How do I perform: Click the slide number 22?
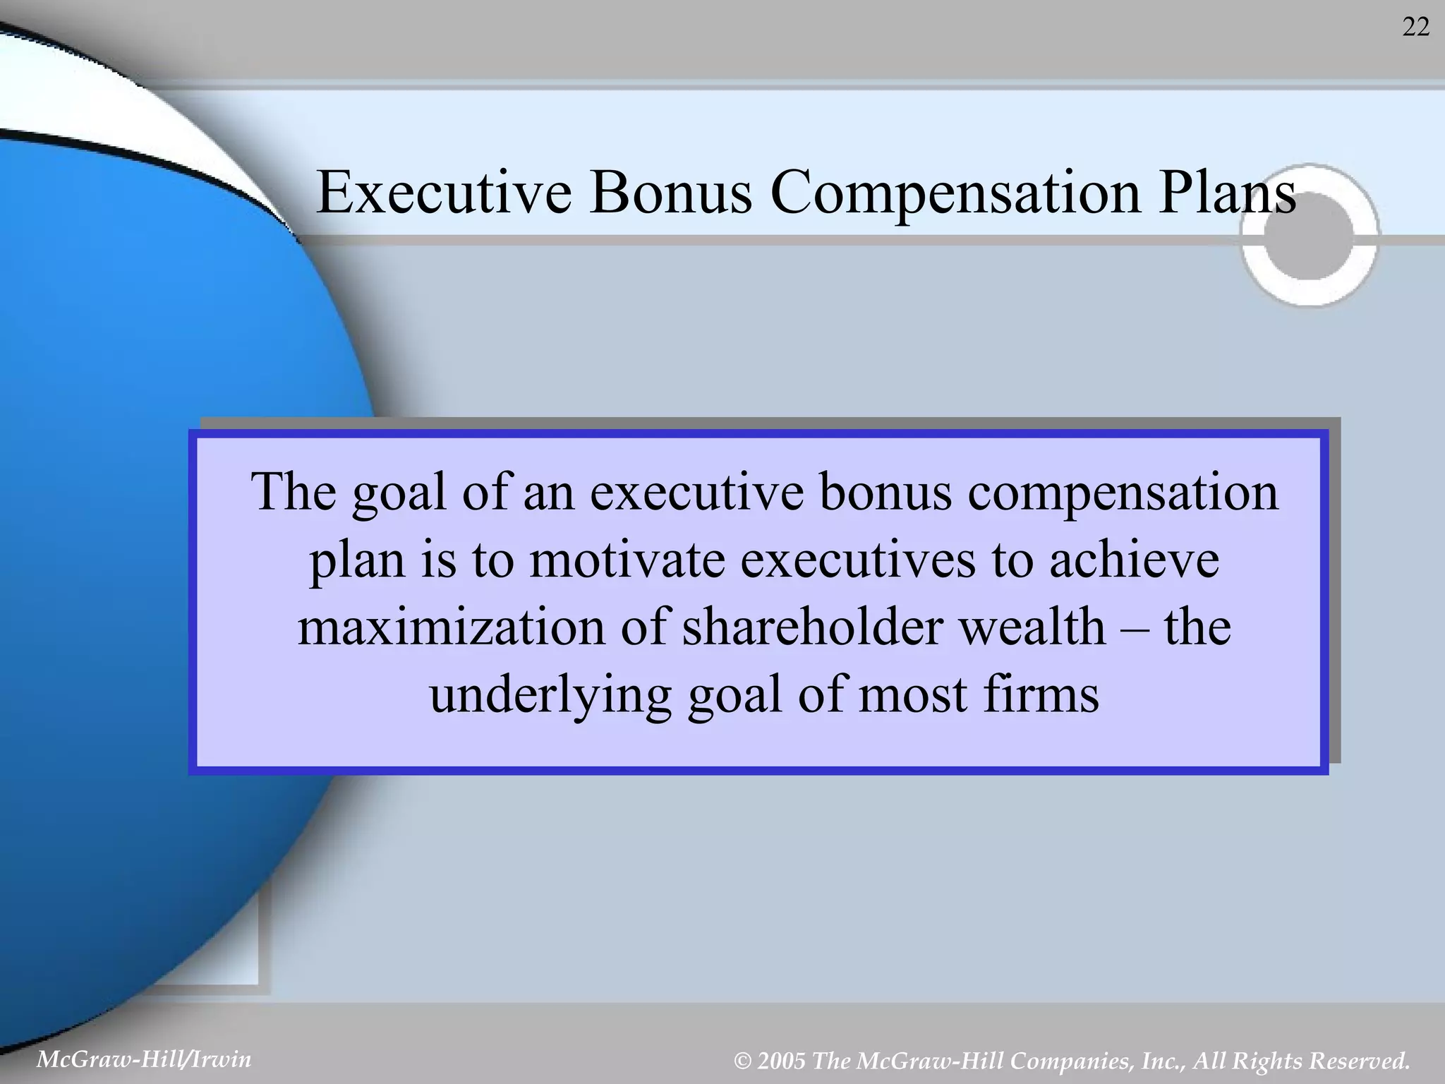click(x=1415, y=28)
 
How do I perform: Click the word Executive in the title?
click(x=444, y=193)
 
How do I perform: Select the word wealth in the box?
click(x=1033, y=627)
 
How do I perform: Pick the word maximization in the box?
click(x=452, y=627)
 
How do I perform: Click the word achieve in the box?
click(x=1134, y=560)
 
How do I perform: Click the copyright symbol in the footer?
click(x=742, y=1061)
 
